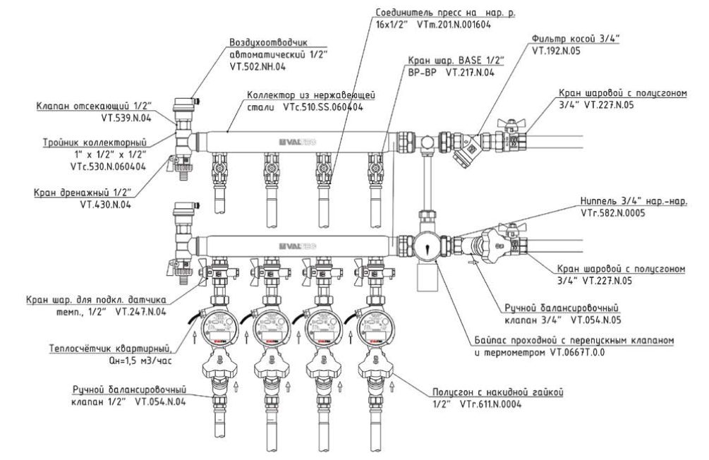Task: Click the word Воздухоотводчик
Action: (265, 42)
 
